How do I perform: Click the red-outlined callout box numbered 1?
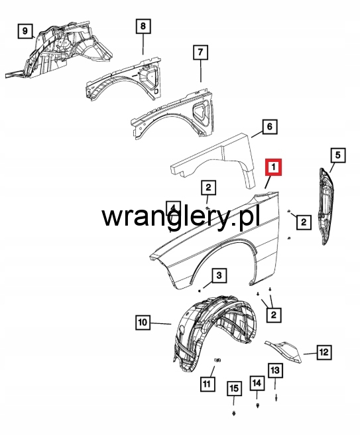point(273,167)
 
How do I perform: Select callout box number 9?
point(25,31)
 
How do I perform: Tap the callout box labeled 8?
point(143,26)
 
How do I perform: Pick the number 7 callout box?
point(201,52)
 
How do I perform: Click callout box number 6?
point(270,127)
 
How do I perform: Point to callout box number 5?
point(337,155)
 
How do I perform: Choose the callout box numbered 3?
point(219,275)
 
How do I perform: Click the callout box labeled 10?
point(143,323)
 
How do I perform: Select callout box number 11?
point(208,384)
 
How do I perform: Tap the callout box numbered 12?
point(324,352)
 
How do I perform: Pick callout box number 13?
point(275,370)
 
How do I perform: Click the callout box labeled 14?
point(257,383)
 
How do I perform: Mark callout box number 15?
point(234,388)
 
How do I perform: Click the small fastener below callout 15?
point(233,413)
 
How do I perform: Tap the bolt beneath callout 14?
point(258,405)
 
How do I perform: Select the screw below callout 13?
point(276,398)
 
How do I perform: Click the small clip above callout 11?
point(217,360)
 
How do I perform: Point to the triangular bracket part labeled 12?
point(283,351)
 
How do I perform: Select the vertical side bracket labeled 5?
point(326,206)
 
